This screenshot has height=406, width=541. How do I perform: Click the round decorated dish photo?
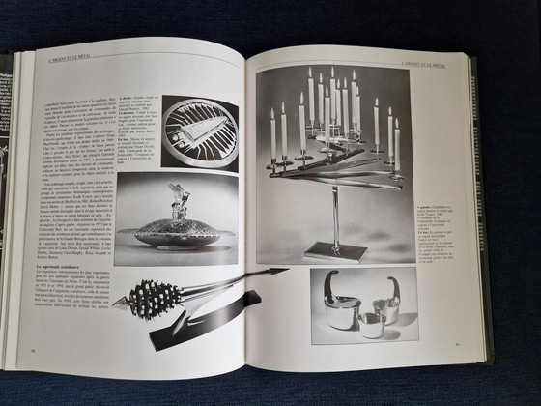(x=199, y=131)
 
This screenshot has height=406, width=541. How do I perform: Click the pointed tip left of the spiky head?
(x=118, y=304)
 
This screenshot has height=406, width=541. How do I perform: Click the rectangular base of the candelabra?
(x=333, y=253)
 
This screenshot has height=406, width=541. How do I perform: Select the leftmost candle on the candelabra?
(x=273, y=135)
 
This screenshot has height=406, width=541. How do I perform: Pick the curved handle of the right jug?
(x=395, y=290)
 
